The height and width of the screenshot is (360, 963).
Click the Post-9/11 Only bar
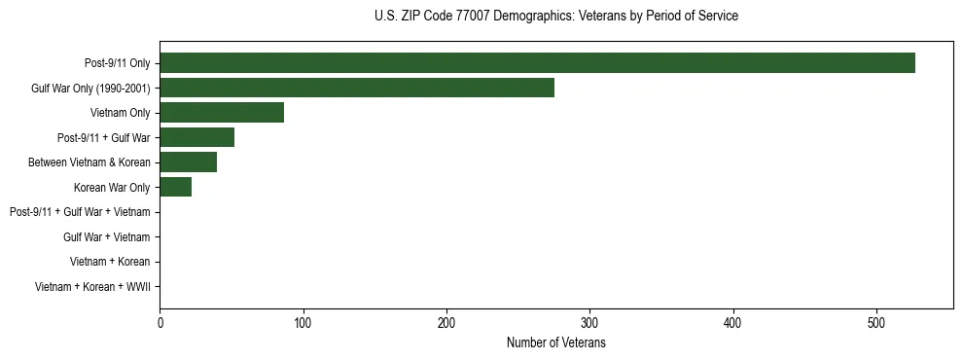pyautogui.click(x=537, y=63)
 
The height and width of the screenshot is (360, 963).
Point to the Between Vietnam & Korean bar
pyautogui.click(x=188, y=162)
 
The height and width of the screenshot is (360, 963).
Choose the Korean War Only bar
pyautogui.click(x=175, y=187)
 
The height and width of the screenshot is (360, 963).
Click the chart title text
pyautogui.click(x=555, y=17)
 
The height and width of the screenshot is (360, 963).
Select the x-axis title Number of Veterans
pyautogui.click(x=555, y=342)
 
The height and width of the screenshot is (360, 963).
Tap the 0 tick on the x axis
pyautogui.click(x=160, y=323)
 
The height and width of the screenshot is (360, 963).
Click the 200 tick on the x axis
pyautogui.click(x=446, y=323)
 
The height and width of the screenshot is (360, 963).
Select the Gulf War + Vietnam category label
pyautogui.click(x=106, y=236)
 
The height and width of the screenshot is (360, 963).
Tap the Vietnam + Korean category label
pyautogui.click(x=110, y=262)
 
